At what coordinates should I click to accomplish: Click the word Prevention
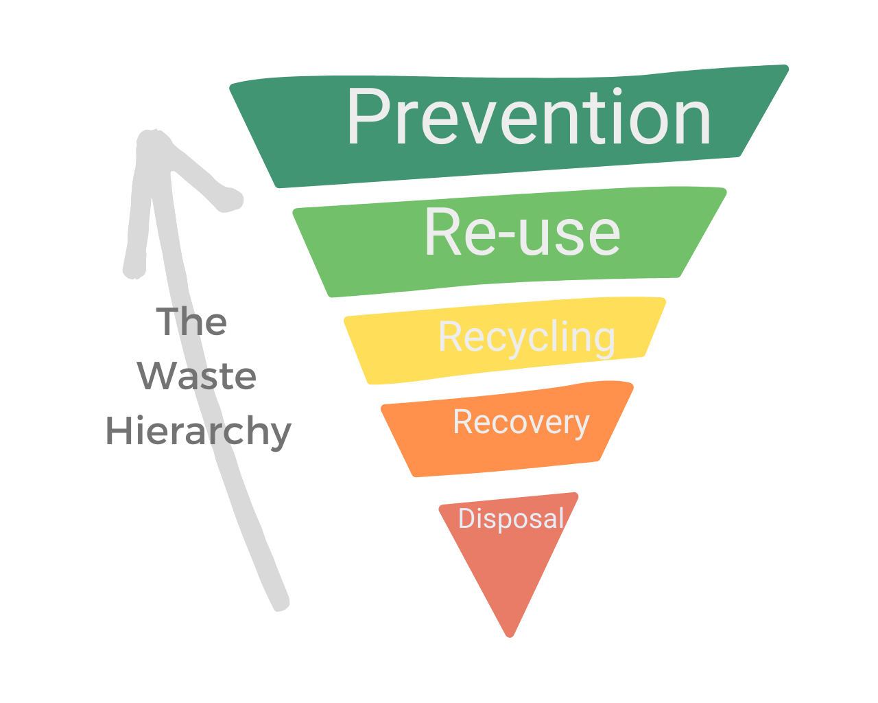pyautogui.click(x=528, y=118)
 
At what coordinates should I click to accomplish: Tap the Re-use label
pyautogui.click(x=523, y=232)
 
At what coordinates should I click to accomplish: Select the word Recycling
pyautogui.click(x=527, y=338)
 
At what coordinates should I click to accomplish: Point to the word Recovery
pyautogui.click(x=521, y=422)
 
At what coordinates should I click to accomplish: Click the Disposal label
pyautogui.click(x=511, y=518)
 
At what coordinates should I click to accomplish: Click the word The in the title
pyautogui.click(x=191, y=322)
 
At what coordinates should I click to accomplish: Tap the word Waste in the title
pyautogui.click(x=197, y=376)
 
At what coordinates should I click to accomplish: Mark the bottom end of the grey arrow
pyautogui.click(x=280, y=603)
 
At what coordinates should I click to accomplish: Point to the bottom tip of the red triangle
pyautogui.click(x=510, y=634)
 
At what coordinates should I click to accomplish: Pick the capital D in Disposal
pyautogui.click(x=466, y=518)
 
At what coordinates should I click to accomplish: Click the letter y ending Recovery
pyautogui.click(x=581, y=426)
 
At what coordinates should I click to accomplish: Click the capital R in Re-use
pyautogui.click(x=443, y=232)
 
